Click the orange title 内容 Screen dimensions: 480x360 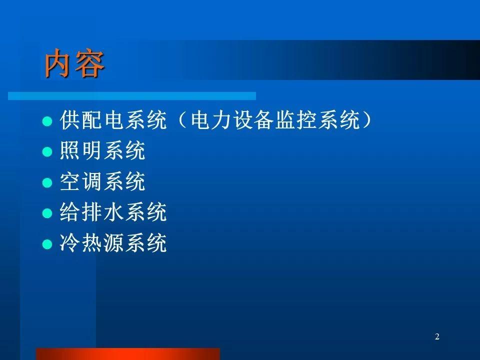pyautogui.click(x=74, y=63)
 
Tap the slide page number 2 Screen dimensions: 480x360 pyautogui.click(x=437, y=336)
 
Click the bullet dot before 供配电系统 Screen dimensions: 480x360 pyautogui.click(x=47, y=121)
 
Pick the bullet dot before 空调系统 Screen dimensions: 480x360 pyautogui.click(x=47, y=183)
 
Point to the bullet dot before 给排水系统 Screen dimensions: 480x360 pyautogui.click(x=47, y=213)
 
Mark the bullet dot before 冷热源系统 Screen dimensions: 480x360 pyautogui.click(x=47, y=244)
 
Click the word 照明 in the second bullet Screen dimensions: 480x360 pyautogui.click(x=80, y=150)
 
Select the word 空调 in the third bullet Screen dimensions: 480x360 pyautogui.click(x=80, y=181)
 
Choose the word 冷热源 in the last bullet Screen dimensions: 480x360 pyautogui.click(x=91, y=243)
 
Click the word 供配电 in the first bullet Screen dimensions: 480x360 pyautogui.click(x=91, y=119)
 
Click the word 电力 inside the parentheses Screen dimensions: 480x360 pyautogui.click(x=210, y=119)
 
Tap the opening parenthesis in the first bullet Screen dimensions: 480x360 pyautogui.click(x=182, y=119)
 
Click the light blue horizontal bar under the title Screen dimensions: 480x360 pyautogui.click(x=132, y=96)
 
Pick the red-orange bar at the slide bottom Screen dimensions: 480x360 pyautogui.click(x=128, y=354)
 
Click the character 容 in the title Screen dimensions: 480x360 pyautogui.click(x=90, y=63)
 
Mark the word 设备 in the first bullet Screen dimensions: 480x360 pyautogui.click(x=253, y=119)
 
